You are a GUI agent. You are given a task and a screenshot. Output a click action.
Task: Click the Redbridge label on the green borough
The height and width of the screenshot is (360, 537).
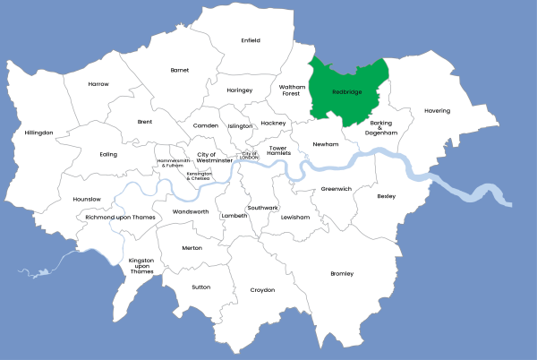click(x=346, y=91)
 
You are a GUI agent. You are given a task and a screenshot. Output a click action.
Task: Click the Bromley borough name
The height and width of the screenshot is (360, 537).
click(x=342, y=273)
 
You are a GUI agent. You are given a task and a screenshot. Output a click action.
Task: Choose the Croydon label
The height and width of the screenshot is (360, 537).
click(x=262, y=290)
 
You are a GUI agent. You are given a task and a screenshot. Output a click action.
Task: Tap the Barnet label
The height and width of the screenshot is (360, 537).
click(x=180, y=69)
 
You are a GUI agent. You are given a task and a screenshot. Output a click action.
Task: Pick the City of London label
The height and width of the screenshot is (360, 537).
click(x=250, y=155)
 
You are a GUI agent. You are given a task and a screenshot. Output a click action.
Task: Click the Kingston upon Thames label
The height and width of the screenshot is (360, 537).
click(x=141, y=265)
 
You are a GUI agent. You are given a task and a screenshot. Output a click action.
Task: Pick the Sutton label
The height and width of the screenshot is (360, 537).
click(x=200, y=287)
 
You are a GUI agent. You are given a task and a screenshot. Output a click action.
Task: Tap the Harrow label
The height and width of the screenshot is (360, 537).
click(x=98, y=83)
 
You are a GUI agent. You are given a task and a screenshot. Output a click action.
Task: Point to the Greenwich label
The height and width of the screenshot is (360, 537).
click(x=337, y=189)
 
